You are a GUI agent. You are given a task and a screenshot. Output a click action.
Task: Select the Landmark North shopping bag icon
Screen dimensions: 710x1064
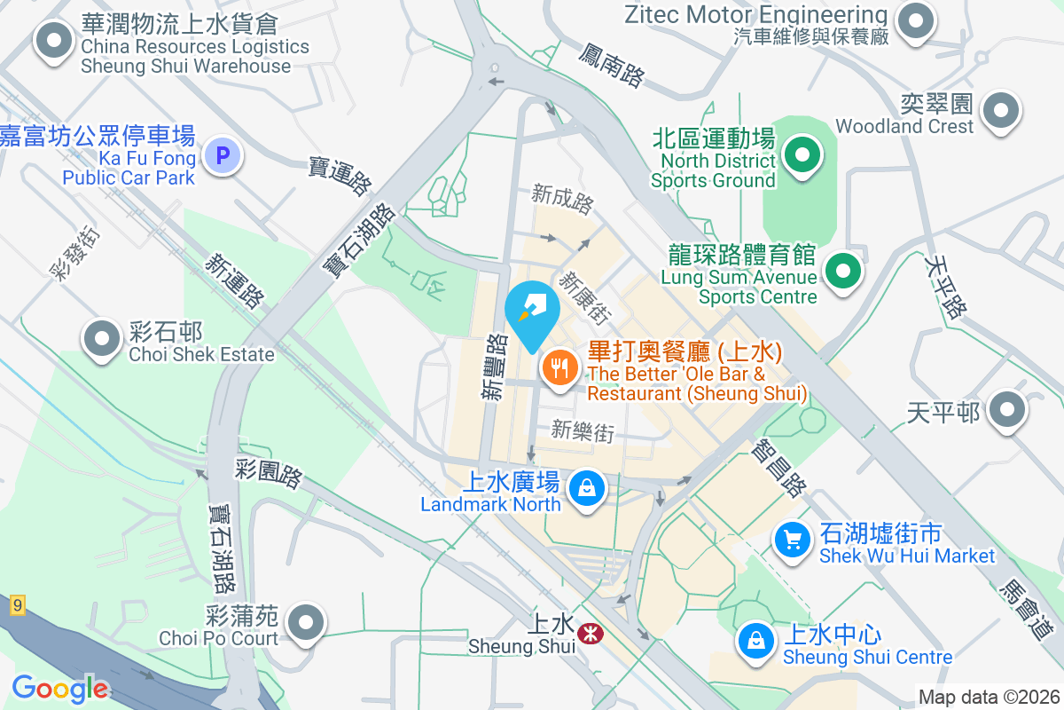pos(586,487)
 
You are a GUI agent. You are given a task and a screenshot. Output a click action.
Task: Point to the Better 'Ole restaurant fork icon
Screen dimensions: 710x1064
pos(559,366)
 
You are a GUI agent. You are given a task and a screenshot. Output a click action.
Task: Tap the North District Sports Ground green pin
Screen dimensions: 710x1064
pos(802,155)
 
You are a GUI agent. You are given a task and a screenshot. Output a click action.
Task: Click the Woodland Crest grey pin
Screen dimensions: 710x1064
pos(1001,111)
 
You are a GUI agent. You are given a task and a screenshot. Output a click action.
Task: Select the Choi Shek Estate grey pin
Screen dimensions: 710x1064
pos(102,338)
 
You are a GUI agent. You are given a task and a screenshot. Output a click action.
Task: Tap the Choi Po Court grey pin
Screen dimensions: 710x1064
pos(307,622)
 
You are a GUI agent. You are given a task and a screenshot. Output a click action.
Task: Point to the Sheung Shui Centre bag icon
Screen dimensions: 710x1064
pos(756,640)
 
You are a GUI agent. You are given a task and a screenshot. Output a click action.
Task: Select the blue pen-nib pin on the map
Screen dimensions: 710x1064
pos(532,311)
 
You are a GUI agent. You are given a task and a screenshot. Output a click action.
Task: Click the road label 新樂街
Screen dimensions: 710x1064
pos(583,431)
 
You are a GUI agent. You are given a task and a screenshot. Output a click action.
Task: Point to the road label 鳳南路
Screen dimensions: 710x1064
pos(611,66)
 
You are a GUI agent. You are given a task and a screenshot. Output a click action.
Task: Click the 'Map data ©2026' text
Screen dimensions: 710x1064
pos(989,698)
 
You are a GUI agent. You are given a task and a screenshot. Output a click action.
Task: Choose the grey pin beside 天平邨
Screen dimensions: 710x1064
pos(1006,410)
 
